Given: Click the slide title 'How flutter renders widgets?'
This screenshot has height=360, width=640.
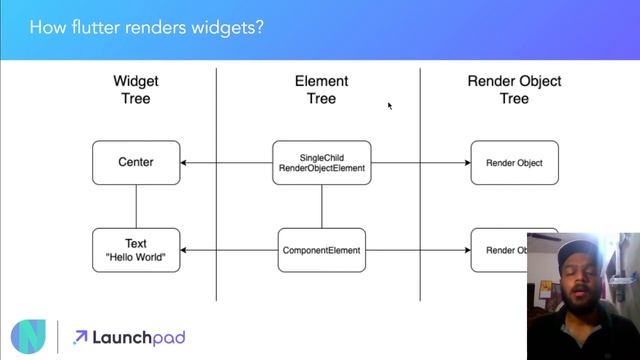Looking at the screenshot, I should click(x=147, y=28).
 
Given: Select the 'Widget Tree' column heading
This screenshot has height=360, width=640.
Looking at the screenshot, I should click(x=136, y=90).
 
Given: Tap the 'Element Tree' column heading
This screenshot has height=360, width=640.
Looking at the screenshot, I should click(x=321, y=90).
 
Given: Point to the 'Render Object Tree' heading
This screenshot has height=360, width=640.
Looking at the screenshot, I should click(x=514, y=90).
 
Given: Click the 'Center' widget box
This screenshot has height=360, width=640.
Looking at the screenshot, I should click(x=136, y=162).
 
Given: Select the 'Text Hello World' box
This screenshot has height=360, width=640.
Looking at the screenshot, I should click(x=136, y=250).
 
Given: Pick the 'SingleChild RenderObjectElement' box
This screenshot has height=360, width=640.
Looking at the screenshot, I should click(x=321, y=162).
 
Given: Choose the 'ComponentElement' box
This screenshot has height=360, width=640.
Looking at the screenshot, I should click(x=321, y=250).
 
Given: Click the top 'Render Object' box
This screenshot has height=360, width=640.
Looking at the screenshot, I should click(x=514, y=162).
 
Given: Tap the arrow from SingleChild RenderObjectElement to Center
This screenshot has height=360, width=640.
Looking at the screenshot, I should click(x=227, y=162).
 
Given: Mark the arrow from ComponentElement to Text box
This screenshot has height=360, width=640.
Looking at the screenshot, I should click(x=229, y=250).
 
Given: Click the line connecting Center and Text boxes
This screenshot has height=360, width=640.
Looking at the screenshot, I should click(x=136, y=206).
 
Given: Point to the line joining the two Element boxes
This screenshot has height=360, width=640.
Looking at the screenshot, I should click(x=321, y=206).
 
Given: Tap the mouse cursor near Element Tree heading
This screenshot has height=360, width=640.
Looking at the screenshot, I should click(x=390, y=105).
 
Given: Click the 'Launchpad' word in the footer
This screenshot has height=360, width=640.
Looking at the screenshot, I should click(x=138, y=338).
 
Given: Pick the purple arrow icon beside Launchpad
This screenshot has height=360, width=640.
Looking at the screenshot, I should click(x=80, y=338).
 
